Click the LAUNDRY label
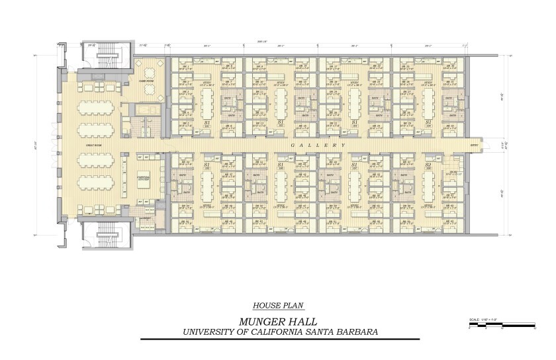pos(146,218)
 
